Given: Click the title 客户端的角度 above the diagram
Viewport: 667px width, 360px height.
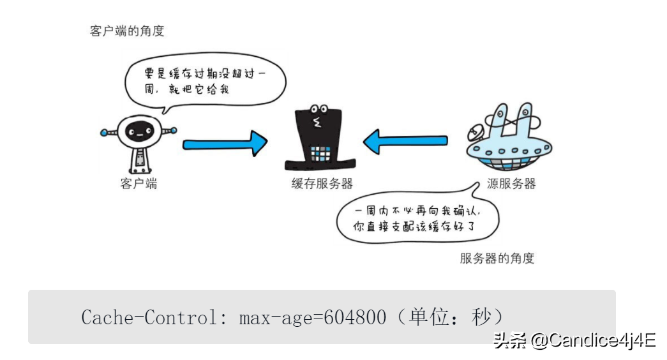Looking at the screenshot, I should (127, 31).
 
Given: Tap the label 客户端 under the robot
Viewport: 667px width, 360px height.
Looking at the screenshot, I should (139, 184).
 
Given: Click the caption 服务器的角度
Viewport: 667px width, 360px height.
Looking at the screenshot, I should (497, 259).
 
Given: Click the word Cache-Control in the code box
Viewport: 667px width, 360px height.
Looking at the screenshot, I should (153, 317).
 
